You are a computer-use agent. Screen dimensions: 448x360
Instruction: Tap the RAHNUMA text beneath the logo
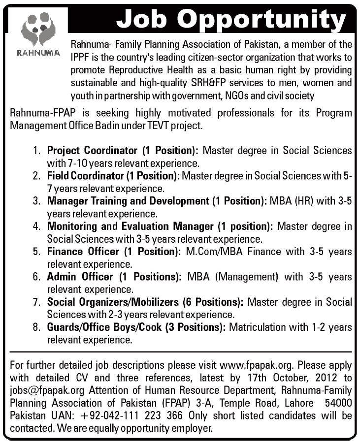pyautogui.click(x=34, y=53)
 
